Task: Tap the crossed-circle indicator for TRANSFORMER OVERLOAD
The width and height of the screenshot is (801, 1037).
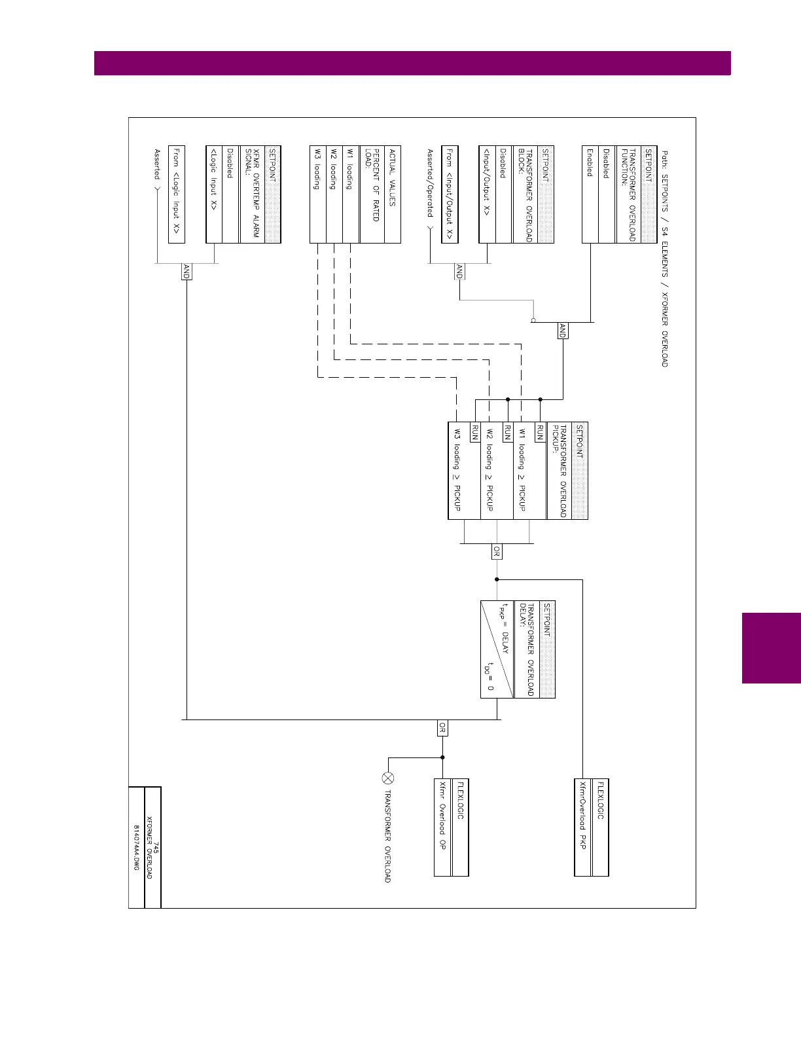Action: pos(387,778)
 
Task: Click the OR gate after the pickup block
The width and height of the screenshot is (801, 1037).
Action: pos(497,552)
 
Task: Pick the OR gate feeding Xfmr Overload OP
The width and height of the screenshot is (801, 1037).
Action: pos(442,727)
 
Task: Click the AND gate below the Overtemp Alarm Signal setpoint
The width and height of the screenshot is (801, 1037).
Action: pos(186,272)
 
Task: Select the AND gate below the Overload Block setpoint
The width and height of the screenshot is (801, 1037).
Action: pos(459,272)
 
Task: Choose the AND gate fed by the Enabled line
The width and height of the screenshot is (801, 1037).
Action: pos(562,331)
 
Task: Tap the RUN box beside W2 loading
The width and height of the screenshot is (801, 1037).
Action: pos(507,432)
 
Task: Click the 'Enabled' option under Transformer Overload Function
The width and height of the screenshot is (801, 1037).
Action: pos(590,163)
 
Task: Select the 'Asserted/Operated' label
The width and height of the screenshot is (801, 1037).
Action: pos(430,183)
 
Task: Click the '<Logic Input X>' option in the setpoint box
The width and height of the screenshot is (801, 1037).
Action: pos(213,178)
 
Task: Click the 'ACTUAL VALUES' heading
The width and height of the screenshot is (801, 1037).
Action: pos(392,178)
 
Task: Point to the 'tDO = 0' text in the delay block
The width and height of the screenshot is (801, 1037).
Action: pos(488,676)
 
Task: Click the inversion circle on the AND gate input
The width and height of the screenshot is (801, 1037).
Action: pos(533,321)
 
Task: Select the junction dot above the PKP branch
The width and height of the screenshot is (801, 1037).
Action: pos(497,579)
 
